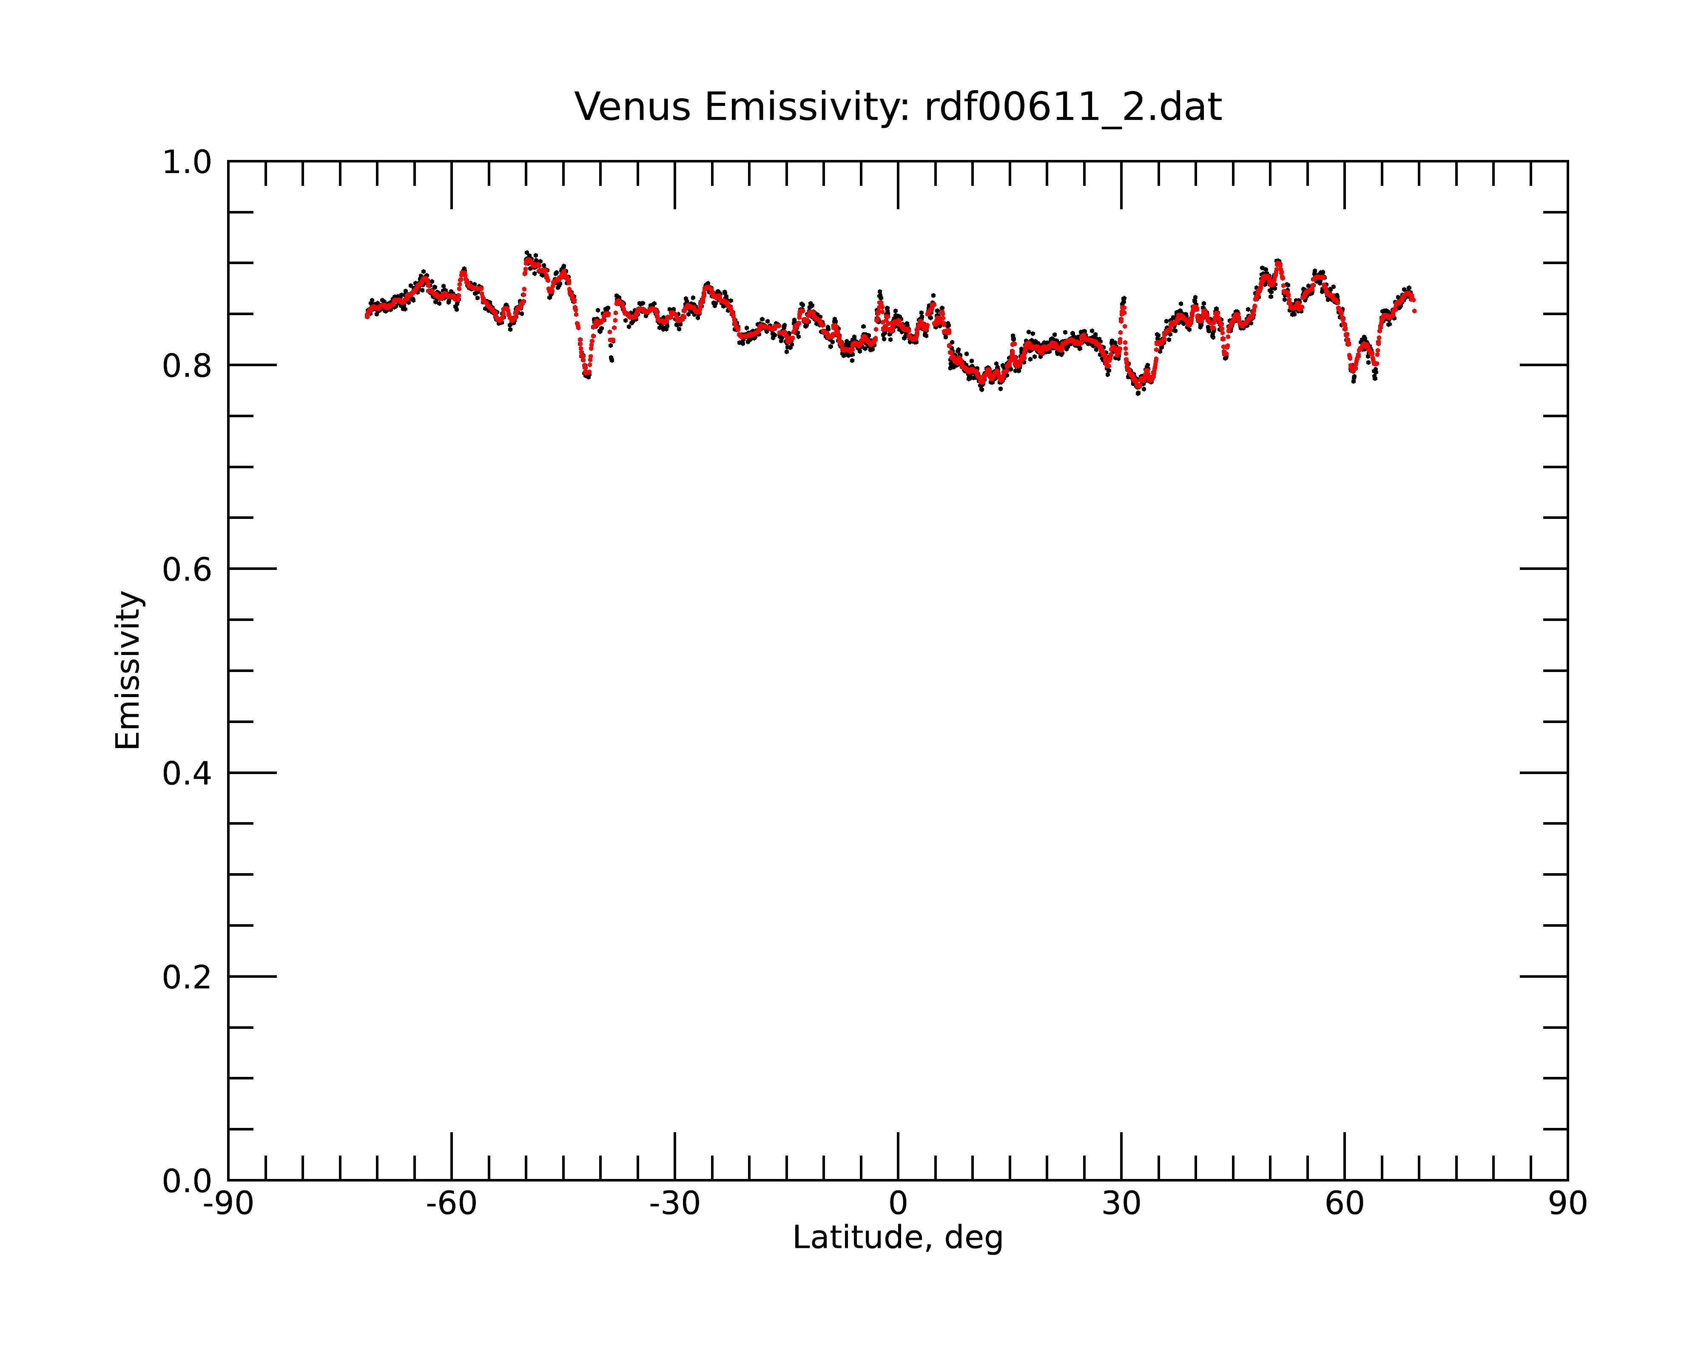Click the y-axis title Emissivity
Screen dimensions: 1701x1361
coord(128,670)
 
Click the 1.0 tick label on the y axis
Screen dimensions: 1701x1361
coord(187,162)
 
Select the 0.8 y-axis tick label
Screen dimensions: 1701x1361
coord(187,366)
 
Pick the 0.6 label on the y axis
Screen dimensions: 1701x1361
coord(187,569)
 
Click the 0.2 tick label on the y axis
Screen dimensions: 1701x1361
coord(187,977)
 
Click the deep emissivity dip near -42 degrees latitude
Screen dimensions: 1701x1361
coord(586,371)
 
